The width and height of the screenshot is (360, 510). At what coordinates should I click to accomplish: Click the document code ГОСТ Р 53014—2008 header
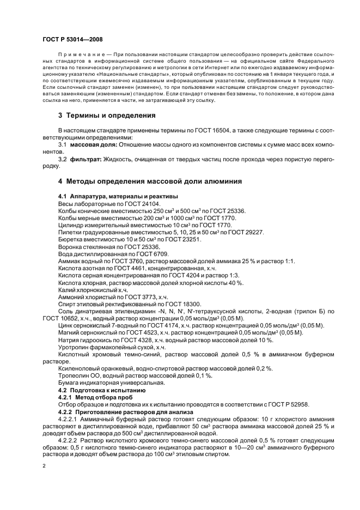72,40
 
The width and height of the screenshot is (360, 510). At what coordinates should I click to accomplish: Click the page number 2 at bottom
45,466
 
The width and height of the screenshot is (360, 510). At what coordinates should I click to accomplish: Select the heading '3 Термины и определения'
107,116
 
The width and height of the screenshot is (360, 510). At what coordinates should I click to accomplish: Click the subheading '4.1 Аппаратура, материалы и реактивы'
118,196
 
